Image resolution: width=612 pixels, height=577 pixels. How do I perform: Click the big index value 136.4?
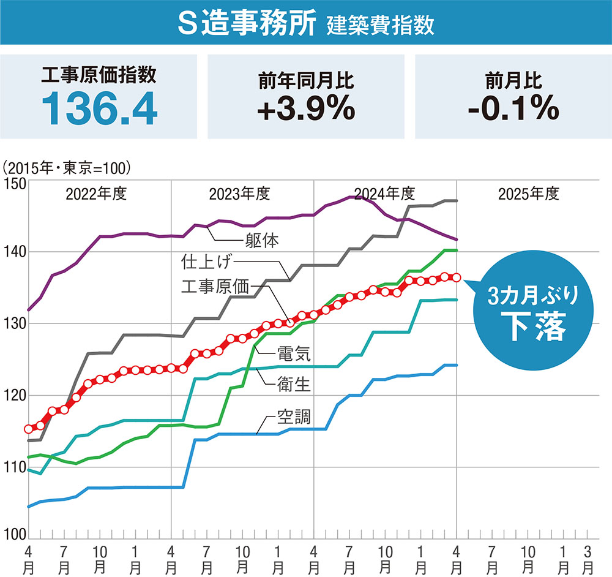100,108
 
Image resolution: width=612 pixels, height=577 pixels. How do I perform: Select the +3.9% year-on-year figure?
306,108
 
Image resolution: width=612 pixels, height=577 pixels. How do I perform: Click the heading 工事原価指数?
99,75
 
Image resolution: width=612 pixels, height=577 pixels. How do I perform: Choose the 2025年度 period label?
529,195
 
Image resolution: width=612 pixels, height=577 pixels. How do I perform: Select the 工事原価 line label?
217,285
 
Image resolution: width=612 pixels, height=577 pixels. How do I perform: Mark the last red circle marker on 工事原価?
456,278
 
